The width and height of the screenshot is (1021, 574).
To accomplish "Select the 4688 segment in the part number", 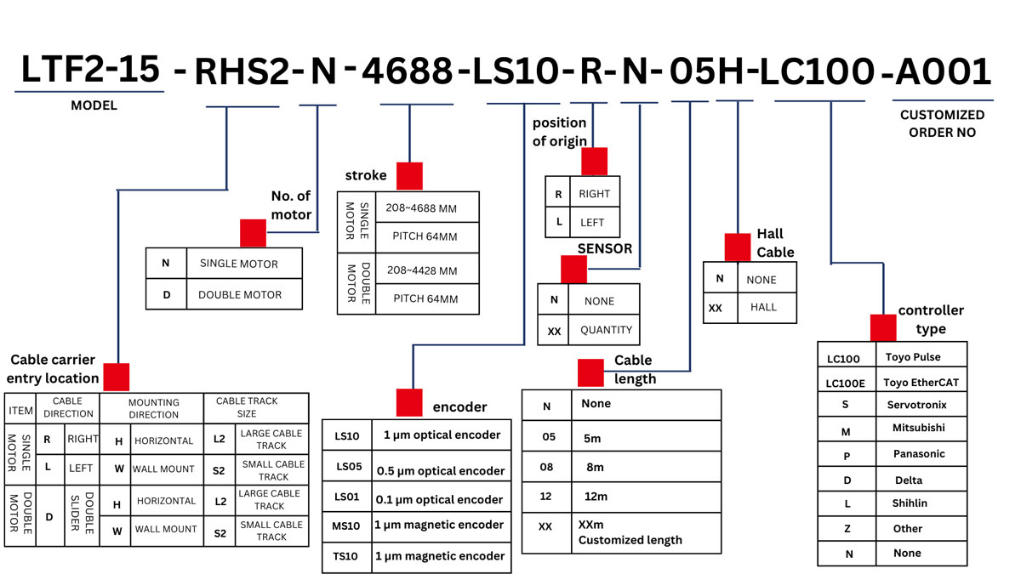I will click(408, 73).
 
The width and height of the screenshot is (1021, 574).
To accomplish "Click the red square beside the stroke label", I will click(409, 175).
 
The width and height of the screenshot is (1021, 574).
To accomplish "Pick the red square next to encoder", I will click(409, 402).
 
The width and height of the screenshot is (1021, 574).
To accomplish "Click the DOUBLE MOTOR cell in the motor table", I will click(239, 294).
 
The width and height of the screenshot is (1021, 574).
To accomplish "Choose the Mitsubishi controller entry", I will click(918, 429).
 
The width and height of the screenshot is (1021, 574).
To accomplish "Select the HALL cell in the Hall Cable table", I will click(763, 307).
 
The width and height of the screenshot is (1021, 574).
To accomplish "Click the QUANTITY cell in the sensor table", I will click(606, 330).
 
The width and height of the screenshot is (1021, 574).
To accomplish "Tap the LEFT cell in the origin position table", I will click(592, 222).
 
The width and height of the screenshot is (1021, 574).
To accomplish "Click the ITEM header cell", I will click(20, 411).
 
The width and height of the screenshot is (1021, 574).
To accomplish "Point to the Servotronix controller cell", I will click(916, 405).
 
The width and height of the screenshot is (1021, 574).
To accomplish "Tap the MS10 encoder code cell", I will click(348, 525).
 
